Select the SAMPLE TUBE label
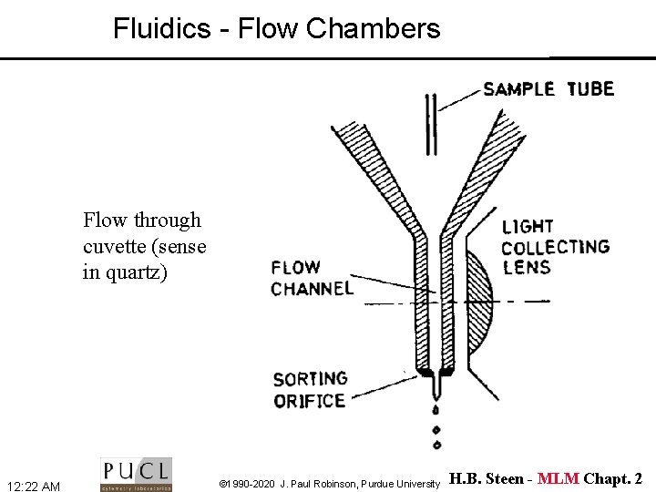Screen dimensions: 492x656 pos(548,89)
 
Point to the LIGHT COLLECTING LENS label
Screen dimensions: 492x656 pos(554,246)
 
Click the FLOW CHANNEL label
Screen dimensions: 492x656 pos(312,278)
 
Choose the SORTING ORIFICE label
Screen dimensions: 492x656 pos(310,389)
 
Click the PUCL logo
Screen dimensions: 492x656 pos(136,474)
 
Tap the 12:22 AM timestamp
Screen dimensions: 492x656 pos(33,487)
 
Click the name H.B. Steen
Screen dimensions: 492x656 pos(487,479)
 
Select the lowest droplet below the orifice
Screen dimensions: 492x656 pos(436,445)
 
